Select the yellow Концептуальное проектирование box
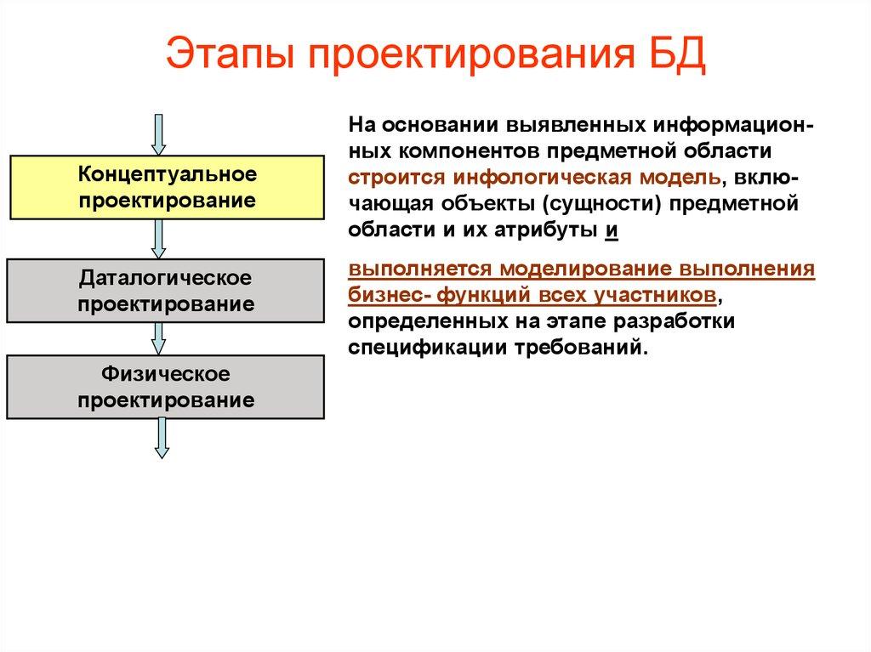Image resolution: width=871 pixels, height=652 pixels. tap(166, 188)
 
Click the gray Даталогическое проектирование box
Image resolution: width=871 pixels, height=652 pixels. tap(166, 291)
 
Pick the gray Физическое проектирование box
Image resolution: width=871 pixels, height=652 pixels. tap(166, 387)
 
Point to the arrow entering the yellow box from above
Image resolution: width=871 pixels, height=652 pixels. tap(158, 133)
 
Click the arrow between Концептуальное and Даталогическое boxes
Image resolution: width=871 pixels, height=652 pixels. tap(158, 239)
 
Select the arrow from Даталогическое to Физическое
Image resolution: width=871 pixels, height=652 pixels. tap(158, 338)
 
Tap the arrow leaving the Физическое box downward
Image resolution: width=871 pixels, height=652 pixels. tap(160, 438)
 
